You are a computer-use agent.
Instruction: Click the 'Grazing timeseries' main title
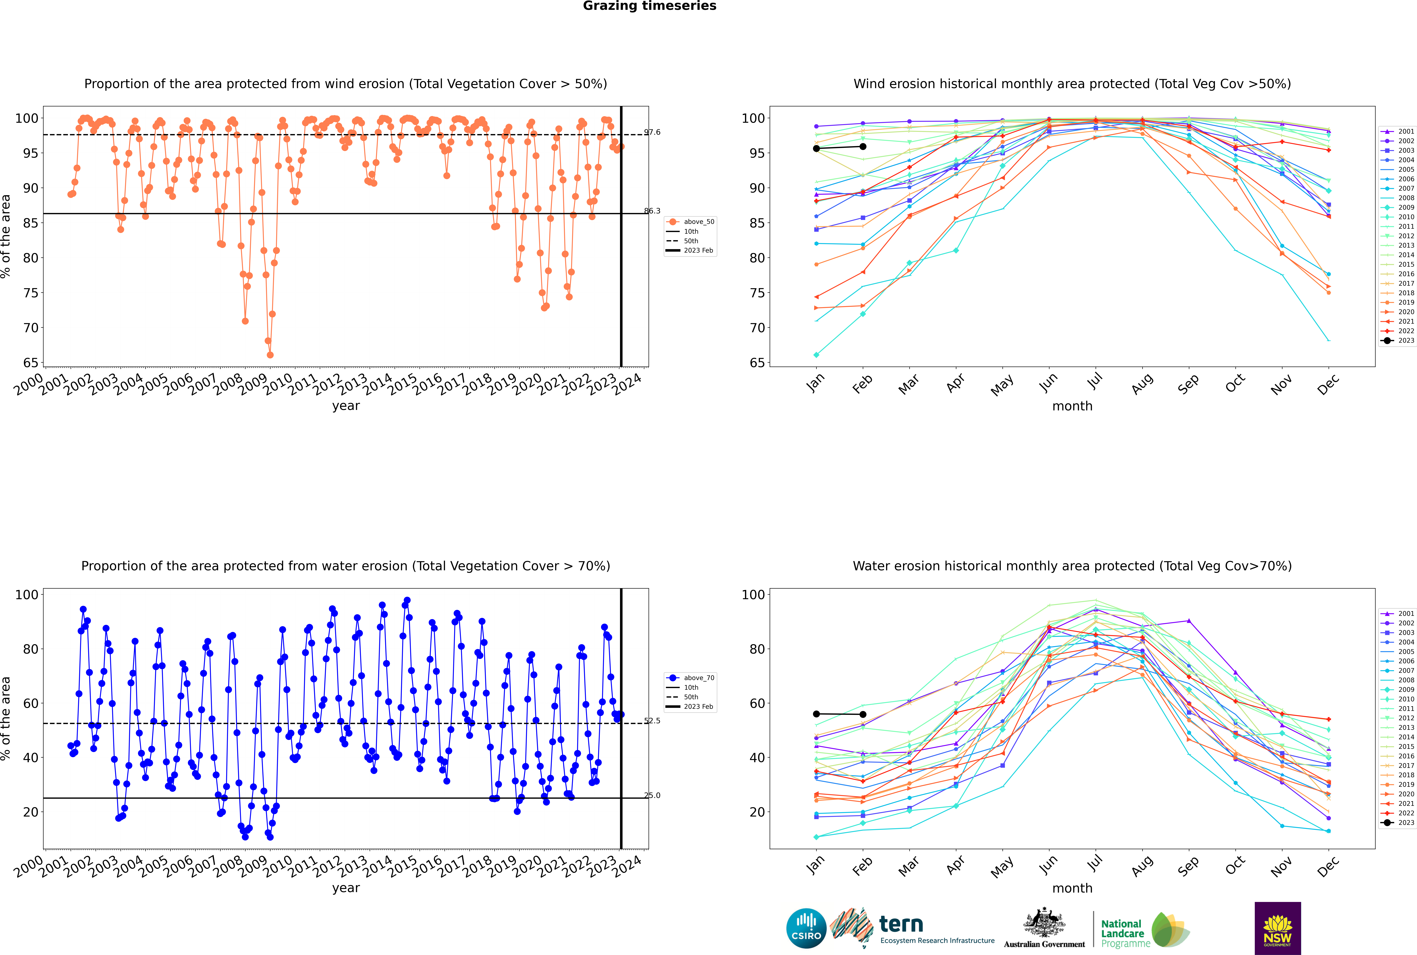649,6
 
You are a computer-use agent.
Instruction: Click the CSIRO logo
806,928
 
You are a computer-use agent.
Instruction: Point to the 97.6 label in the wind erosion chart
652,132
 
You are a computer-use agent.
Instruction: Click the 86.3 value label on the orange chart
652,211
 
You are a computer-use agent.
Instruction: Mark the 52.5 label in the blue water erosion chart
652,721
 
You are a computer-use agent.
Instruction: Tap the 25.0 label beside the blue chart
652,795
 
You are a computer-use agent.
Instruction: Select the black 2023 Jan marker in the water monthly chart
816,714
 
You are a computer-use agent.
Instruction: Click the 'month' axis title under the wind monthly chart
1072,406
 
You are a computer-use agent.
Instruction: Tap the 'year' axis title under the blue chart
346,888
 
